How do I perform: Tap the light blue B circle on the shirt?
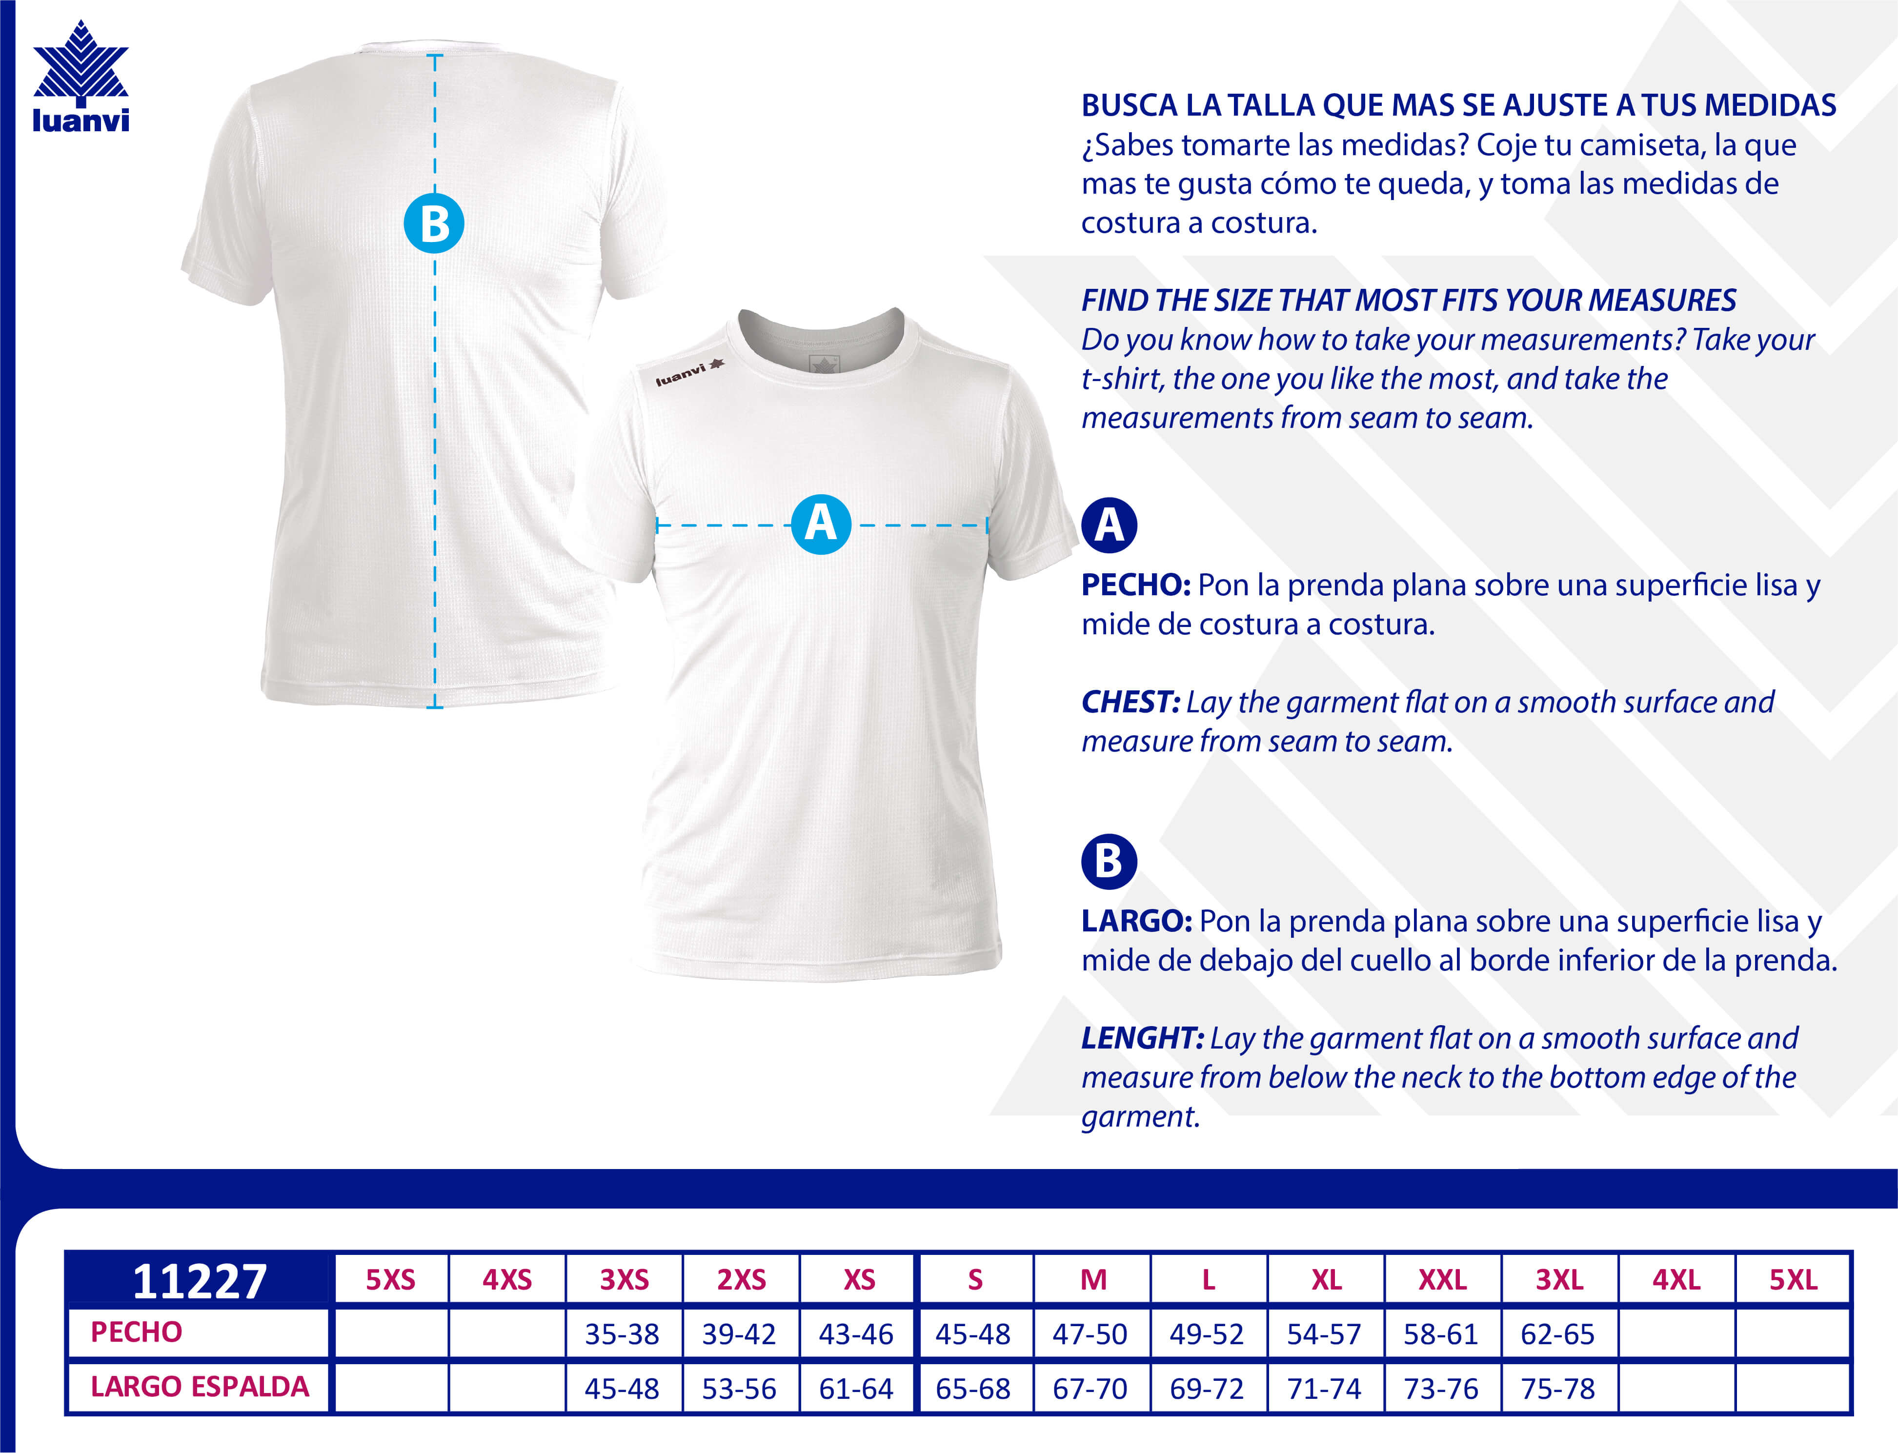click(x=434, y=223)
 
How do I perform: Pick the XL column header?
click(x=1326, y=1279)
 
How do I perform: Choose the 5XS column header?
click(x=390, y=1279)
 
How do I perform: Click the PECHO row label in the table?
click(x=137, y=1332)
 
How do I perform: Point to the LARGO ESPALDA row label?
click(x=200, y=1387)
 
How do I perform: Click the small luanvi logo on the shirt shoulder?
click(x=689, y=373)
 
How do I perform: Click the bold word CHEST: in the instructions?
click(x=1130, y=702)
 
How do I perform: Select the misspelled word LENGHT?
click(x=1141, y=1038)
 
